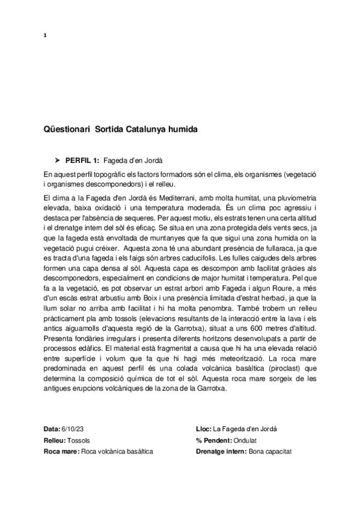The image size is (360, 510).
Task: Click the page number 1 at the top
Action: point(46,34)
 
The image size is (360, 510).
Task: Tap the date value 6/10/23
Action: point(74,429)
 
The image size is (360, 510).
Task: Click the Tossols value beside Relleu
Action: point(82,440)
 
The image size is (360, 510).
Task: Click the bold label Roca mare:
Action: point(61,451)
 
